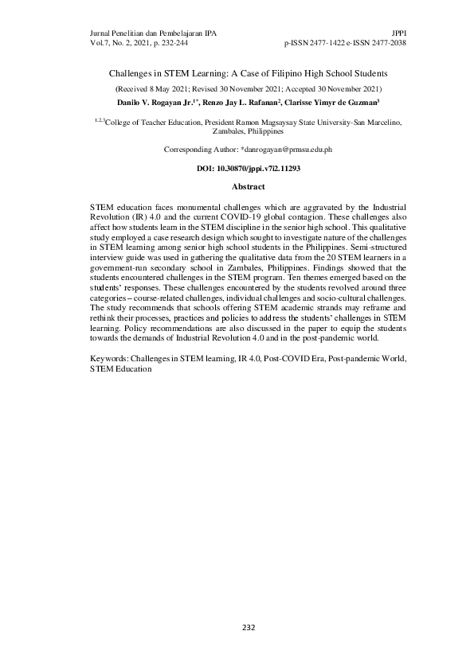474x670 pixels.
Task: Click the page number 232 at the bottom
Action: [x=249, y=628]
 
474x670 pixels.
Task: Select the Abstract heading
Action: [x=248, y=185]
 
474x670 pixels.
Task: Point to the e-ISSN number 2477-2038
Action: [x=386, y=43]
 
